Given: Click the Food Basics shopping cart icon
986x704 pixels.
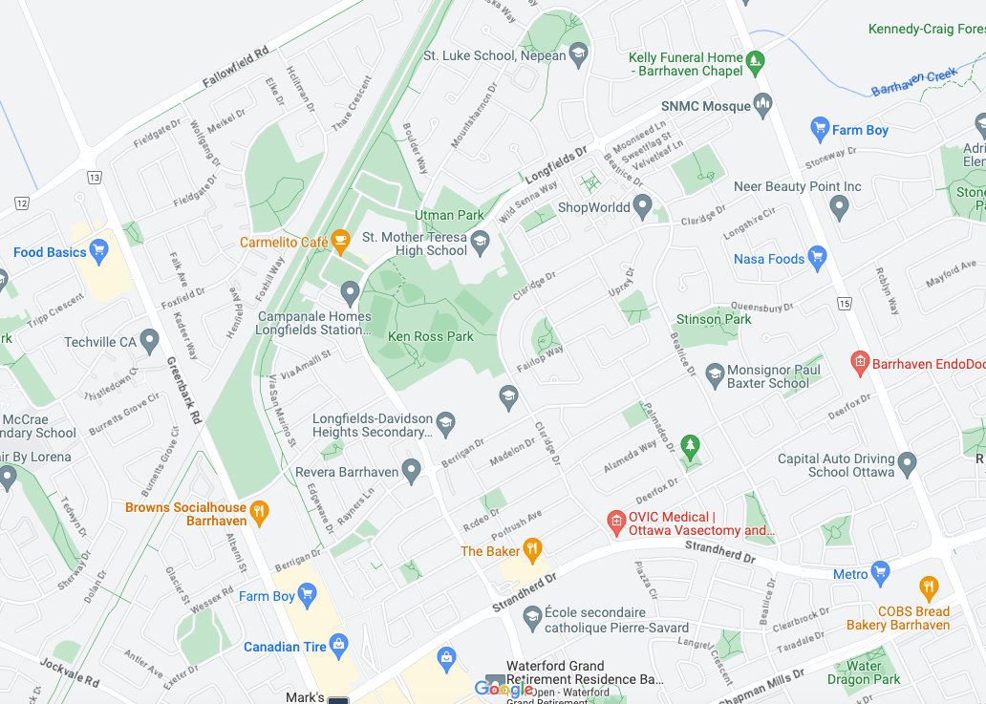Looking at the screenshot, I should [x=99, y=251].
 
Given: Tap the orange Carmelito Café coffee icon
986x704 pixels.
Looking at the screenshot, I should [x=340, y=243].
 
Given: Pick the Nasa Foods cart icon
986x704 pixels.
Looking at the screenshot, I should [x=816, y=258].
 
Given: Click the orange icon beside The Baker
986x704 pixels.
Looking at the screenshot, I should [x=533, y=550].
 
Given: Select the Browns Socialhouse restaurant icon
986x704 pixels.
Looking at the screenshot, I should [x=258, y=514].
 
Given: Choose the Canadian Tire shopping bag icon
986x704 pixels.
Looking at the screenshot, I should [x=338, y=647].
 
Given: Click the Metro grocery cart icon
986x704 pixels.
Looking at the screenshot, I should [x=880, y=573].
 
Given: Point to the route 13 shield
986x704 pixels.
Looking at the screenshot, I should [x=94, y=177].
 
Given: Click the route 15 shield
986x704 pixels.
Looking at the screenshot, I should [x=844, y=304].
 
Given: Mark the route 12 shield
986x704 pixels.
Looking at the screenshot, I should [x=22, y=203].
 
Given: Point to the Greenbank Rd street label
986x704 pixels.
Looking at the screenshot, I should [x=184, y=390].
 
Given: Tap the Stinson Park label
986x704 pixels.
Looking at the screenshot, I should [x=714, y=319].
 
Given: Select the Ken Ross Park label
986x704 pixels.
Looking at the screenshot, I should [x=431, y=337].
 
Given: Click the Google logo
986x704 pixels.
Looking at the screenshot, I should [x=504, y=690].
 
